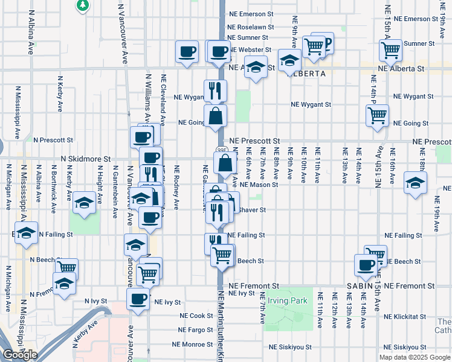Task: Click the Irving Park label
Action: [288, 300]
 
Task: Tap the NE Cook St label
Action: [193, 316]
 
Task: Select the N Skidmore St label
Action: [85, 159]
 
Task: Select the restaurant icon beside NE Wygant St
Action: [215, 91]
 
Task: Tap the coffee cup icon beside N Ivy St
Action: [138, 299]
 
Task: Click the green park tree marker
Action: [83, 5]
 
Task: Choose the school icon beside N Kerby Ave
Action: [84, 203]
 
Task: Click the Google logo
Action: [20, 355]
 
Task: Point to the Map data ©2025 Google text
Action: [414, 357]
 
